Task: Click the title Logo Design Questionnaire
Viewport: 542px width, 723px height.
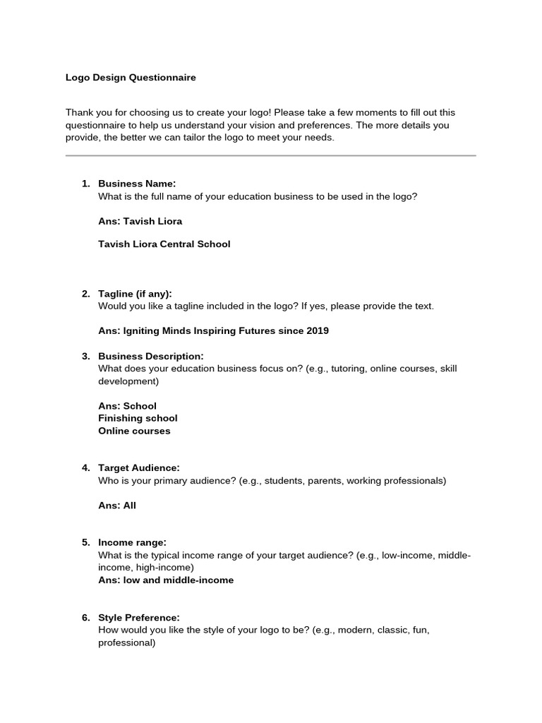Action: (131, 78)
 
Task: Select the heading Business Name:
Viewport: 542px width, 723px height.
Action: (137, 184)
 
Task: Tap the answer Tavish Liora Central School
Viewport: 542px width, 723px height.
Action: (164, 244)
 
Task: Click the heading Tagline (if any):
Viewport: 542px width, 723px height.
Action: (135, 294)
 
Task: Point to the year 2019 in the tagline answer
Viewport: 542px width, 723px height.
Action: (317, 330)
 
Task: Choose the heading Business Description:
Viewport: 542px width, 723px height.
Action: (150, 356)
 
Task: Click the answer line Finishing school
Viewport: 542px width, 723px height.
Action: (138, 418)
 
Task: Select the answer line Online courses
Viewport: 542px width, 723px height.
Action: (134, 431)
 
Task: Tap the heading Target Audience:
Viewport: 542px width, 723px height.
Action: (139, 468)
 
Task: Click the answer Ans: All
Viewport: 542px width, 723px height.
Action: (117, 506)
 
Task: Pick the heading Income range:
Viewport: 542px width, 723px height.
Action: (132, 542)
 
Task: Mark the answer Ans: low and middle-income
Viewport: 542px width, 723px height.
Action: (166, 580)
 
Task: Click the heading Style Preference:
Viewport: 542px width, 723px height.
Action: (139, 618)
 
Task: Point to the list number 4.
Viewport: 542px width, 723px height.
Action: (85, 468)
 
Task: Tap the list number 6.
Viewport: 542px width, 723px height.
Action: (85, 618)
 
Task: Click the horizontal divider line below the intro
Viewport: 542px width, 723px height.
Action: (270, 155)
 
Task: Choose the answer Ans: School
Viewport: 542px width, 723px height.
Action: (127, 406)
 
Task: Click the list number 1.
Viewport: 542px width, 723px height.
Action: (85, 184)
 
